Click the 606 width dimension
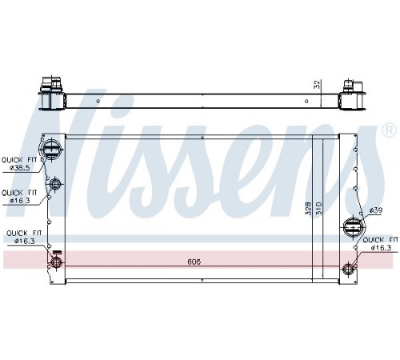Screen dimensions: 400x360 194,262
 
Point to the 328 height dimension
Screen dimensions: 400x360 308,208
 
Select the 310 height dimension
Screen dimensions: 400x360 319,208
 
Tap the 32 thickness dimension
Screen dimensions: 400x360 317,85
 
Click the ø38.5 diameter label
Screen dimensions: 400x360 20,168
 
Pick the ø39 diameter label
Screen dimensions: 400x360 376,210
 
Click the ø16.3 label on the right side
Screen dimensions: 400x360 381,248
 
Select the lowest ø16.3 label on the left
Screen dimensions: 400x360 25,241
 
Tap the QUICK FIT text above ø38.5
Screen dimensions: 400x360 19,160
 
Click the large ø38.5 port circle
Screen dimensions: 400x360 50,150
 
